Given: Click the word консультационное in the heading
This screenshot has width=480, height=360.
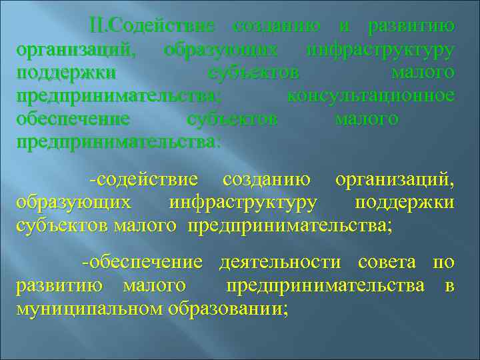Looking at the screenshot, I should [x=371, y=96].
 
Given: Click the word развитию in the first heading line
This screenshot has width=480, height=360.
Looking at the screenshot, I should [x=412, y=26].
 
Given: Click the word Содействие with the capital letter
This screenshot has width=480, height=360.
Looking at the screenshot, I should [x=161, y=26].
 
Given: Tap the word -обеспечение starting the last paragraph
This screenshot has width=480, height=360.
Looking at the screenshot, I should [x=142, y=263].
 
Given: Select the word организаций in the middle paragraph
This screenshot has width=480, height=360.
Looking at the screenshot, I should [x=395, y=179].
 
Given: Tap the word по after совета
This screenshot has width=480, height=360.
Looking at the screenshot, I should [x=444, y=263].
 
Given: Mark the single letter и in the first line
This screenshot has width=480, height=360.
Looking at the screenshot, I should [x=344, y=26].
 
